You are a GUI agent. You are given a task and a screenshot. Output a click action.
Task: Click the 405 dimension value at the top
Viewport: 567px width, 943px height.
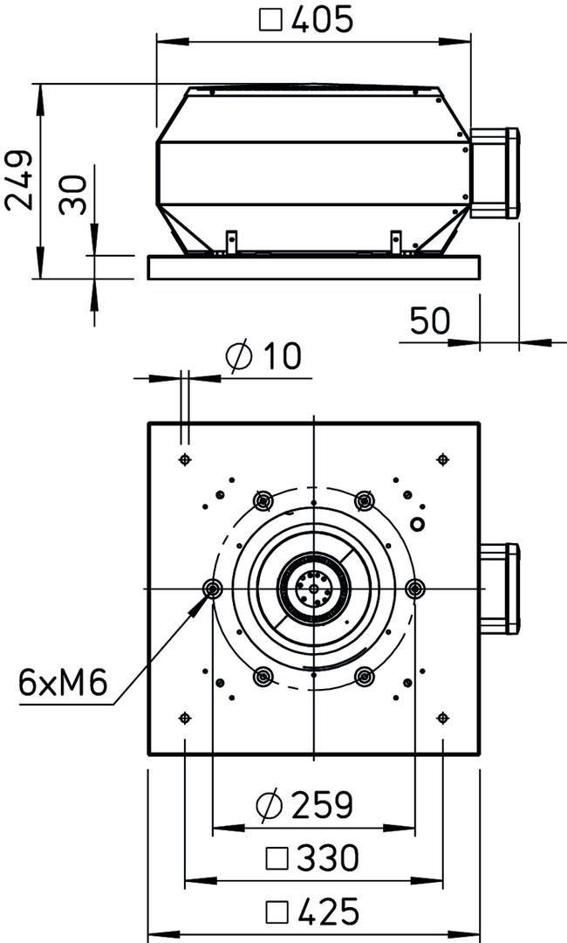pyautogui.click(x=321, y=19)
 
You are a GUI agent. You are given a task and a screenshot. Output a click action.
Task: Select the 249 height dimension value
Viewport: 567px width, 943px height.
pyautogui.click(x=19, y=181)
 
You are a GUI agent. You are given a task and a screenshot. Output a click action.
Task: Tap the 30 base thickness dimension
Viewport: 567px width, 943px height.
pyautogui.click(x=72, y=195)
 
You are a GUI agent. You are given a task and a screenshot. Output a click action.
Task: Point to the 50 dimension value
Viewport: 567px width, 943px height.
pyautogui.click(x=429, y=320)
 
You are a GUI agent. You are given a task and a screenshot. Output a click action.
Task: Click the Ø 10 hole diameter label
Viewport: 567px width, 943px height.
pyautogui.click(x=263, y=356)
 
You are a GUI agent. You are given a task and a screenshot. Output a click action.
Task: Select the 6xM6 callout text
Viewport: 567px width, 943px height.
pyautogui.click(x=63, y=683)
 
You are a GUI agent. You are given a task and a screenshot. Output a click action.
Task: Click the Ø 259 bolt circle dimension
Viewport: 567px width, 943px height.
pyautogui.click(x=304, y=805)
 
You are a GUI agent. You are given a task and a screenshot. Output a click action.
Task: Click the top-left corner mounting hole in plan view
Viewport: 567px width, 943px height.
pyautogui.click(x=185, y=460)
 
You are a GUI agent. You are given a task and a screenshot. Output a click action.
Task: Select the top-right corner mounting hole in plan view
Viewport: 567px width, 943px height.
pyautogui.click(x=442, y=460)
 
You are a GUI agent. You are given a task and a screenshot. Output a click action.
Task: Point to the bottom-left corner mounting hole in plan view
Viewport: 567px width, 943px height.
pyautogui.click(x=185, y=718)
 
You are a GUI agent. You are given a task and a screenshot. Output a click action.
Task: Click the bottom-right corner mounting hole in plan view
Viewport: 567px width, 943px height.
pyautogui.click(x=442, y=718)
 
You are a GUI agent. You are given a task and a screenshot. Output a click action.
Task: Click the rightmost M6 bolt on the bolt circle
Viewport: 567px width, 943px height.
pyautogui.click(x=415, y=589)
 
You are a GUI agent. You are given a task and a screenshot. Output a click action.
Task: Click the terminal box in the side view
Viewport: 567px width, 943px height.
pyautogui.click(x=494, y=173)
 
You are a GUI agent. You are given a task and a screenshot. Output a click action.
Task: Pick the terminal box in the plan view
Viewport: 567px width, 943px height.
pyautogui.click(x=499, y=589)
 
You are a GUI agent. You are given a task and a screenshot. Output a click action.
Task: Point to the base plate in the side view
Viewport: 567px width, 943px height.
pyautogui.click(x=313, y=267)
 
